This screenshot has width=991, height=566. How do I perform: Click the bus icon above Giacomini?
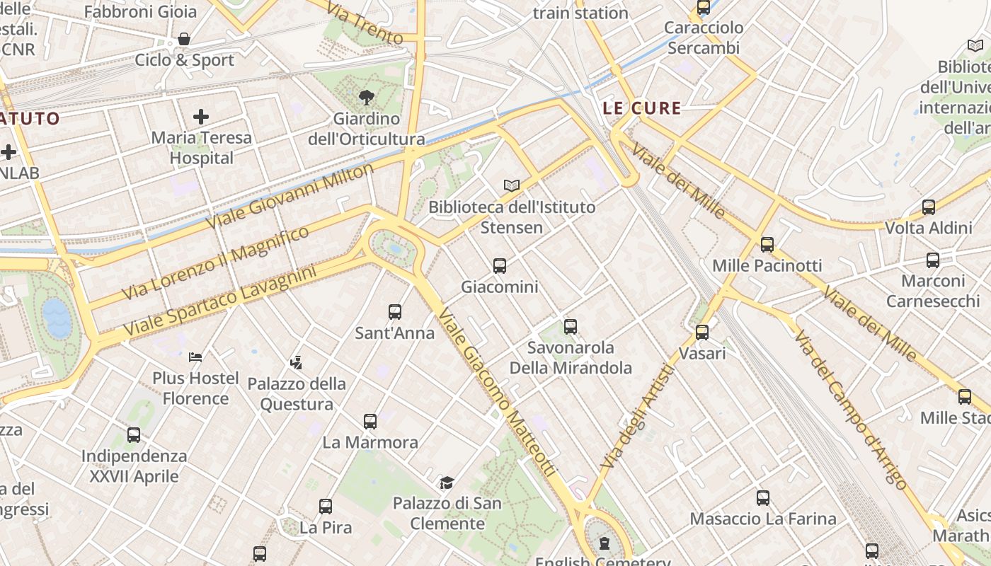click(x=500, y=266)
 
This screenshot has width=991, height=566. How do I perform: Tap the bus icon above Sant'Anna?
click(x=395, y=311)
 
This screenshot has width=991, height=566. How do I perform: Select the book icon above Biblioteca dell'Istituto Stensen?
click(x=512, y=185)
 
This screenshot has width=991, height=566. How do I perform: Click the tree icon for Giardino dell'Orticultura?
click(x=367, y=98)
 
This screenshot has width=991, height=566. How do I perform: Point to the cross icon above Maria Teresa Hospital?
click(x=202, y=116)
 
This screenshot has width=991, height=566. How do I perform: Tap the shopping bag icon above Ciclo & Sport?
click(x=184, y=39)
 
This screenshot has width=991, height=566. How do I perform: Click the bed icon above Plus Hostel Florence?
click(x=196, y=357)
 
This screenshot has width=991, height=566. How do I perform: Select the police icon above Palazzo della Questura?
click(x=297, y=363)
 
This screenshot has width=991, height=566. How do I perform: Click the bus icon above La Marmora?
click(x=370, y=422)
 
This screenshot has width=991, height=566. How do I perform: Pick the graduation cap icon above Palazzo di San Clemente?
click(x=447, y=483)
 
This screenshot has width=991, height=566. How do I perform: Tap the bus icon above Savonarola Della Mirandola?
click(x=571, y=327)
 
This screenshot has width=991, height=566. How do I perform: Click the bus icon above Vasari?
click(x=702, y=332)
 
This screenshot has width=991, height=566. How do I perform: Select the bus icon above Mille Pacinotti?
click(x=767, y=245)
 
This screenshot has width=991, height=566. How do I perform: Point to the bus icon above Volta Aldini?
click(x=929, y=207)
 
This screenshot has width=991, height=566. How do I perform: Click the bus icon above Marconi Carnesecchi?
click(x=933, y=260)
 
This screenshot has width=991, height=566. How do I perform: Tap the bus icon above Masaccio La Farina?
click(x=763, y=498)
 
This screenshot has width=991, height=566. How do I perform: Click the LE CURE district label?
click(x=642, y=108)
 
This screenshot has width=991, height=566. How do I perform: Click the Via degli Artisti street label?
click(x=637, y=416)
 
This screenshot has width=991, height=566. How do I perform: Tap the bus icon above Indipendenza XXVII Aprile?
click(x=134, y=435)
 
